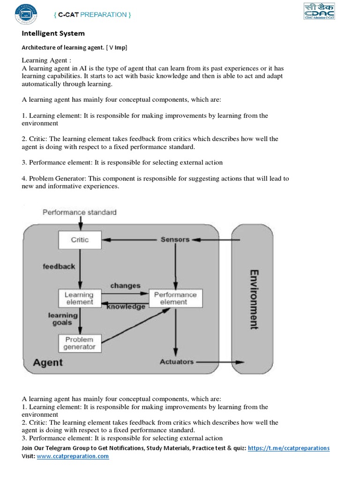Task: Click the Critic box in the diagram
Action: [80, 240]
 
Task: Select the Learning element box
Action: [79, 299]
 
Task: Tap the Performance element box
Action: [175, 299]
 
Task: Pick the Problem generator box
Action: [79, 343]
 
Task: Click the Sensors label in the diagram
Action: [175, 240]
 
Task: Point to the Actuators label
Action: [176, 362]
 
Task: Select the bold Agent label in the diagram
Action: [48, 362]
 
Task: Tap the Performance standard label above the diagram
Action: [80, 212]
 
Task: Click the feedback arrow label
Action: [59, 266]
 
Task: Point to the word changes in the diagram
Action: [125, 285]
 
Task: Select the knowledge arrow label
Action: [126, 307]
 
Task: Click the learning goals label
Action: [62, 319]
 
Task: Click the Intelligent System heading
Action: [53, 34]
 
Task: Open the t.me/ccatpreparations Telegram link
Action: [288, 448]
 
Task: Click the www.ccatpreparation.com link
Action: [73, 456]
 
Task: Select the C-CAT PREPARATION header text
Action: [92, 15]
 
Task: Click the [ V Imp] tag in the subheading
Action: [116, 47]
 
